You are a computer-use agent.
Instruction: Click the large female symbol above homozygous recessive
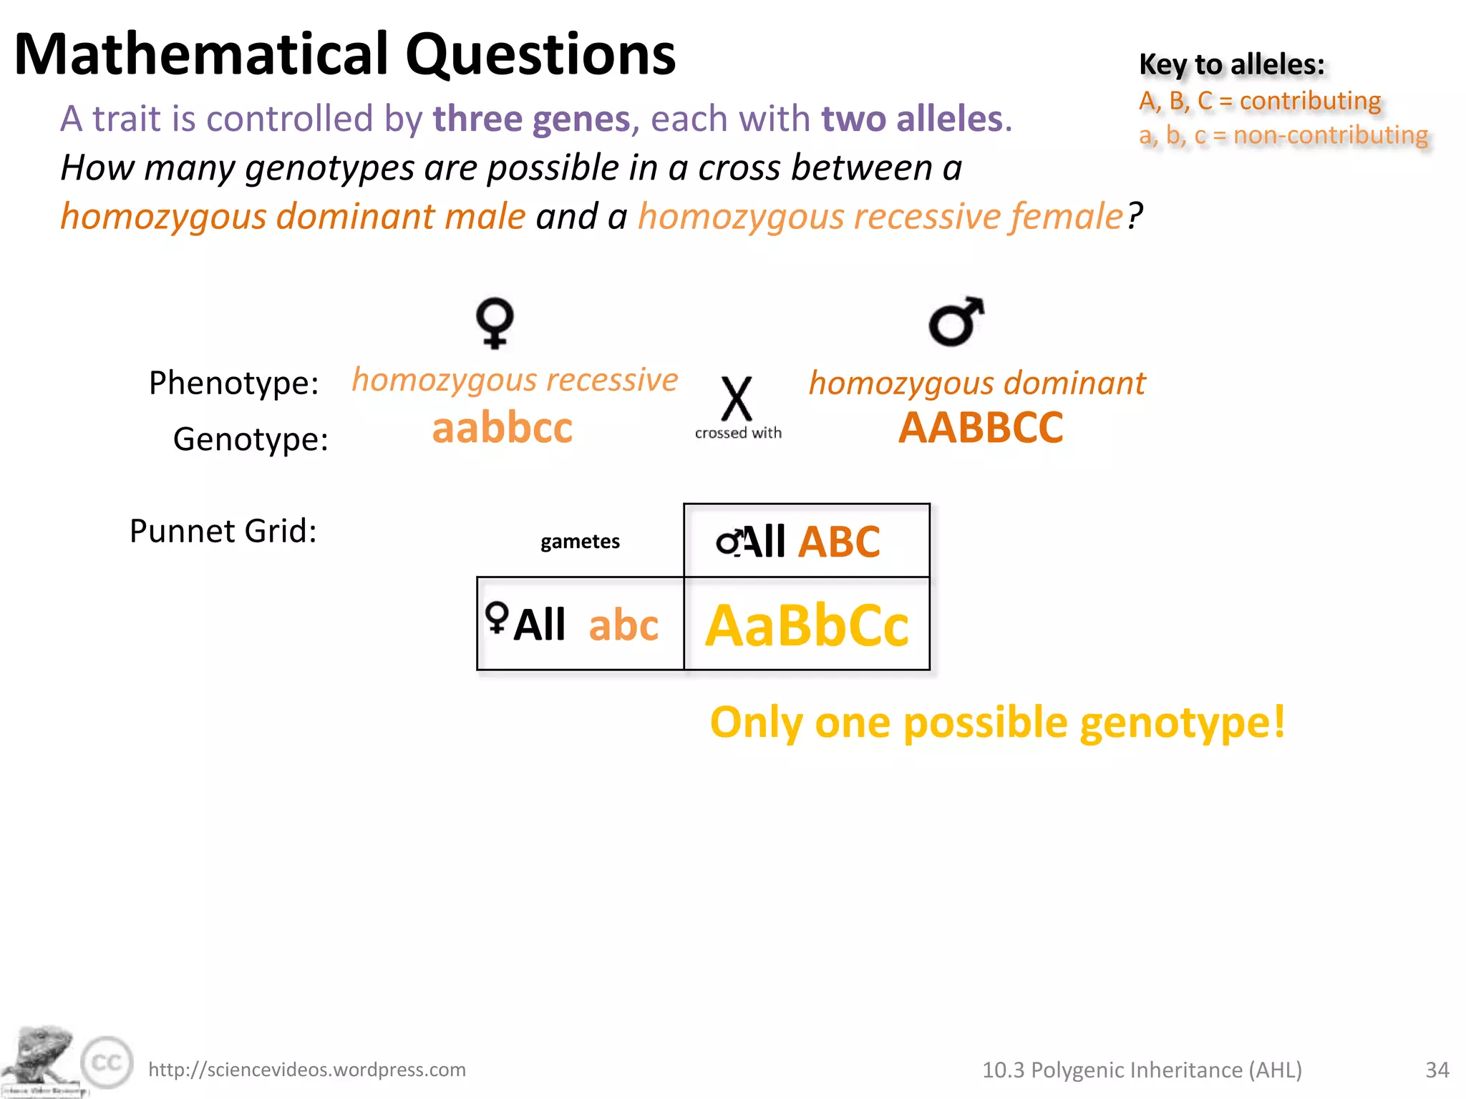coord(495,323)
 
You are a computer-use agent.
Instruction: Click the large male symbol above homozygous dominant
coord(956,321)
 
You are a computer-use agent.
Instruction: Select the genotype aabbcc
coord(503,428)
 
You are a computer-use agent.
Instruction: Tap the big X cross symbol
coord(737,399)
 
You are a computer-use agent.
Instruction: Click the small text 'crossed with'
coord(738,433)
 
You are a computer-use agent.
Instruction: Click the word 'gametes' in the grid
coord(580,542)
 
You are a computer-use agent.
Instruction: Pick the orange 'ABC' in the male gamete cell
coord(839,542)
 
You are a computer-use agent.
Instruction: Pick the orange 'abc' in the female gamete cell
coord(623,625)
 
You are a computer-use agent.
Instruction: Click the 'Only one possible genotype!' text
coord(997,723)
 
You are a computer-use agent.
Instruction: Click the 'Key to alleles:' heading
coord(1231,64)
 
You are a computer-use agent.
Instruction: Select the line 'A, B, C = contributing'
coord(1260,101)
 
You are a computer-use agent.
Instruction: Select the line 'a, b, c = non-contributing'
coord(1283,135)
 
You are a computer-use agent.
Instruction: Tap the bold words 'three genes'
coord(531,119)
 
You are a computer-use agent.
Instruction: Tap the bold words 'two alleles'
coord(912,119)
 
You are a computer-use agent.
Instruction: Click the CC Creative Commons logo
coord(107,1063)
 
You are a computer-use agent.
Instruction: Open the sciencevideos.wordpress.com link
coord(306,1070)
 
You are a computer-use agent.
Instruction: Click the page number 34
coord(1437,1070)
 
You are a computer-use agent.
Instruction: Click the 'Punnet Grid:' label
coord(223,531)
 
